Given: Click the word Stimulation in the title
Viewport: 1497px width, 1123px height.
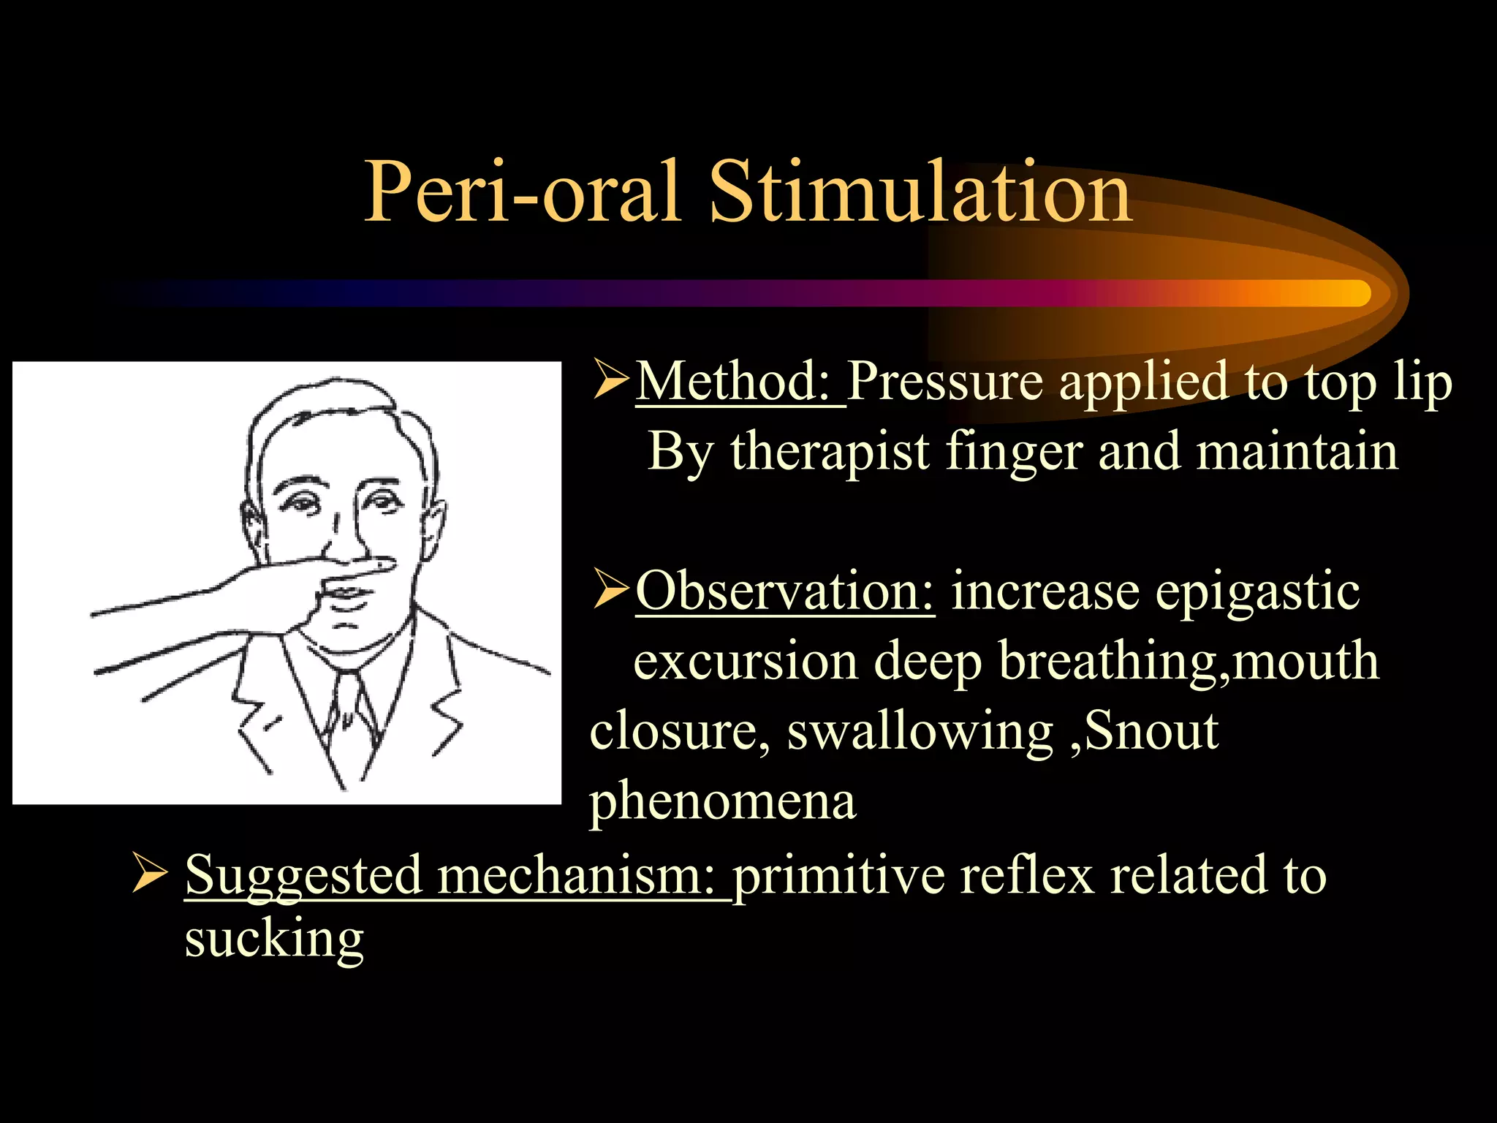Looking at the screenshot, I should pyautogui.click(x=921, y=192).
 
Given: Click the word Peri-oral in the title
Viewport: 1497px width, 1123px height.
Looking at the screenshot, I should pyautogui.click(x=523, y=192).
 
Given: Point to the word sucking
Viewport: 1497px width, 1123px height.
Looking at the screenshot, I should pyautogui.click(x=274, y=939).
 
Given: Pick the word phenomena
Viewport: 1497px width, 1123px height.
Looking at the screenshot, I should pyautogui.click(x=722, y=801).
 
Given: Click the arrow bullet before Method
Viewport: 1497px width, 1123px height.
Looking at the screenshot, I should pyautogui.click(x=610, y=380).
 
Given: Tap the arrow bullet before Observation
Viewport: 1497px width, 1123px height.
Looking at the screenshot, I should pyautogui.click(x=610, y=590).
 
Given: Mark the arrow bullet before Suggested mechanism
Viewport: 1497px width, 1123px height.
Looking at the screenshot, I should pyautogui.click(x=150, y=874).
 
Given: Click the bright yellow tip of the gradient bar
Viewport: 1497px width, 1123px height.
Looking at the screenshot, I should pyautogui.click(x=1356, y=293).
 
